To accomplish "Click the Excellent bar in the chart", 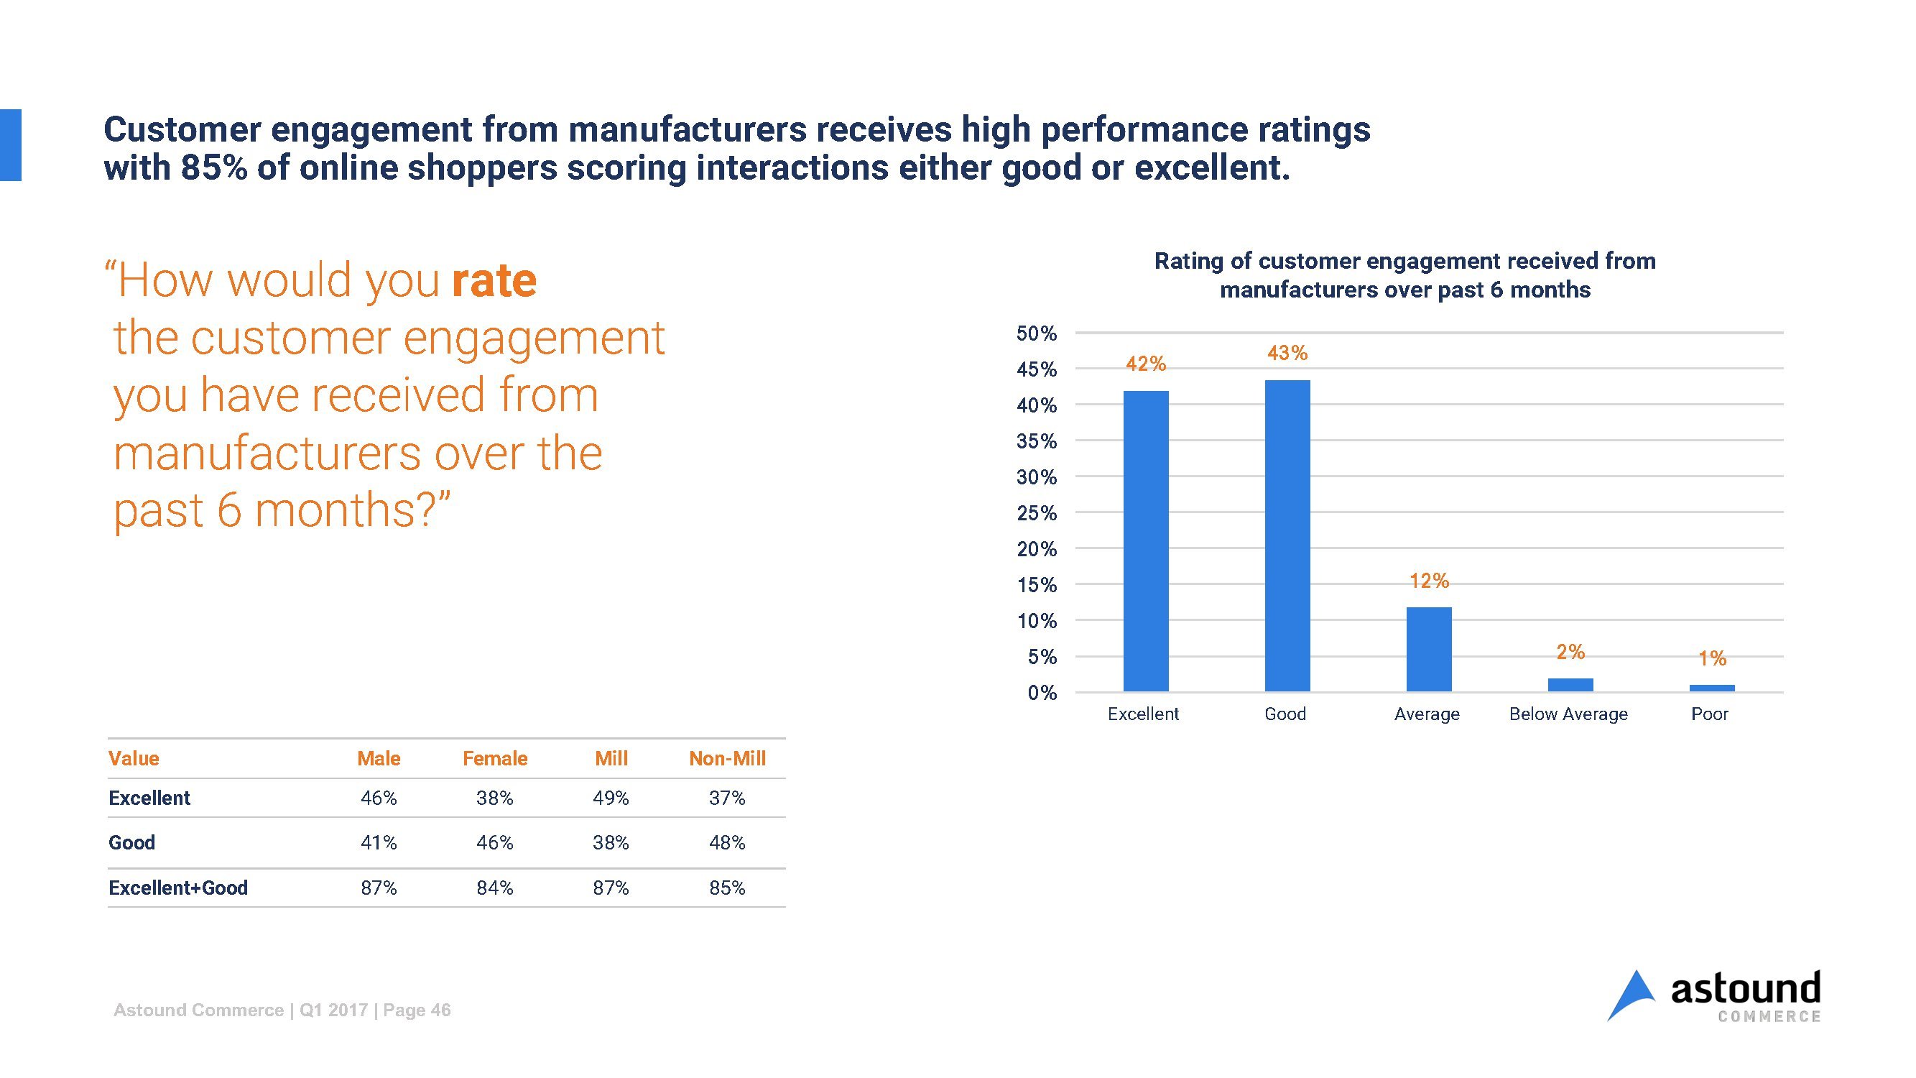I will coord(1145,541).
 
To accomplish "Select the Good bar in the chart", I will coord(1287,535).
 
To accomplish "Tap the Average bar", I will coord(1429,650).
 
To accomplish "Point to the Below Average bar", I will coord(1570,685).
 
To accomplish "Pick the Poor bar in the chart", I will coord(1711,688).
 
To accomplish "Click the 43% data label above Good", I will coord(1287,354).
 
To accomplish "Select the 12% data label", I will coord(1429,581).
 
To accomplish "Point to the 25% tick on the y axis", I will coord(1036,513).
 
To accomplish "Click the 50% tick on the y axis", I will coord(1036,333).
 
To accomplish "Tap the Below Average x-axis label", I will coord(1568,714).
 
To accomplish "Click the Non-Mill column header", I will coord(727,759).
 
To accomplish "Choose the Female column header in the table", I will coord(494,759).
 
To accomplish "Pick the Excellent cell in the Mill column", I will coord(611,798).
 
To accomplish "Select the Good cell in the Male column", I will coord(379,843).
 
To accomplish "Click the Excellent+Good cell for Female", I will coord(494,888).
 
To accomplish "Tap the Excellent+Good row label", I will coord(177,888).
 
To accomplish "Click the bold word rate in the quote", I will coord(494,281).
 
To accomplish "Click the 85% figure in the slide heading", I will coord(213,168).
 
